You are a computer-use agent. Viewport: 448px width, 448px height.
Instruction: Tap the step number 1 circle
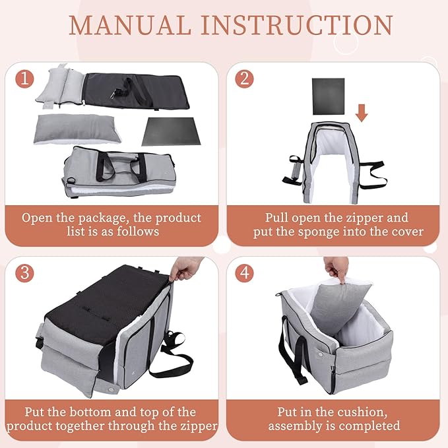tap(25, 79)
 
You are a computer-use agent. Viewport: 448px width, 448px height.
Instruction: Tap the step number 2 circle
tap(245, 79)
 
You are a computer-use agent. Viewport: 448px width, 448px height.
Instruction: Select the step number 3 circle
tap(25, 272)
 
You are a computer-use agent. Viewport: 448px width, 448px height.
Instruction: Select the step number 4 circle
tap(245, 272)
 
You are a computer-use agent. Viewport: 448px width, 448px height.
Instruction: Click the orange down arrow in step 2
tap(361, 112)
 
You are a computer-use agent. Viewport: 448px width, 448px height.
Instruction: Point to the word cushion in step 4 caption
tap(364, 411)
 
